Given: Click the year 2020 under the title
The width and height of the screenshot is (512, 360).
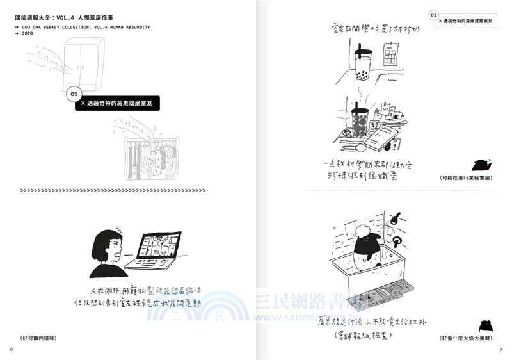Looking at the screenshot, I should [27, 33].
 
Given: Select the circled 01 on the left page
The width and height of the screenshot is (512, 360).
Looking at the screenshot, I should [73, 94].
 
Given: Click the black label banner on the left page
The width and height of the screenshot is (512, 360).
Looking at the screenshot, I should [116, 103].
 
